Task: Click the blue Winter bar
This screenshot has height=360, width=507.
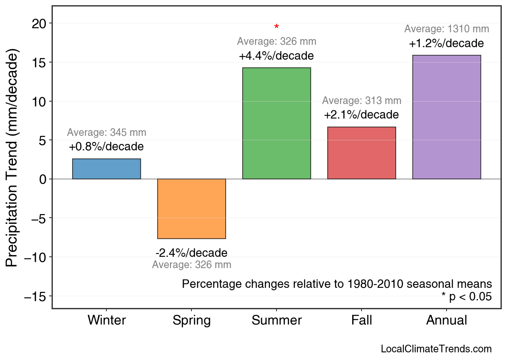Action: pos(106,169)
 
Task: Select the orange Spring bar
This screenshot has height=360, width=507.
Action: pos(191,209)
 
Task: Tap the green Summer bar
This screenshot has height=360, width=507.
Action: pos(276,123)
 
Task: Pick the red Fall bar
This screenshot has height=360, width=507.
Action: pos(362,153)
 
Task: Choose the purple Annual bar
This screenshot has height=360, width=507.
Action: pos(447,117)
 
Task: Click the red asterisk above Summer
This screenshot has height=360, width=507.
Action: pos(276,27)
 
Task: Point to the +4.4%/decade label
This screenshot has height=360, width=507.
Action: pos(276,56)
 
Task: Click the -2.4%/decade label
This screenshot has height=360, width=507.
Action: pos(191,253)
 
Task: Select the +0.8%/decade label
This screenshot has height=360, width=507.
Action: pos(106,146)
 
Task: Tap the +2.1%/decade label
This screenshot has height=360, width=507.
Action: pos(362,115)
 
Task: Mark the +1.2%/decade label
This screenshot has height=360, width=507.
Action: pos(447,43)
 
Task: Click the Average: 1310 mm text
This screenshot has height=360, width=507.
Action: pos(447,29)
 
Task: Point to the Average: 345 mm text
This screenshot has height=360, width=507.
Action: pos(106,133)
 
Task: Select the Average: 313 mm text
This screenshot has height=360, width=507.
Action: pos(362,101)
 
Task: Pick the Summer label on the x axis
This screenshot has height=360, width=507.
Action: pos(276,320)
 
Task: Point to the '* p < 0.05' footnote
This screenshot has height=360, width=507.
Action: pos(466,297)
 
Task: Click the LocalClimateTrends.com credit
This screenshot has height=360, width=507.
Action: pos(436,349)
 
